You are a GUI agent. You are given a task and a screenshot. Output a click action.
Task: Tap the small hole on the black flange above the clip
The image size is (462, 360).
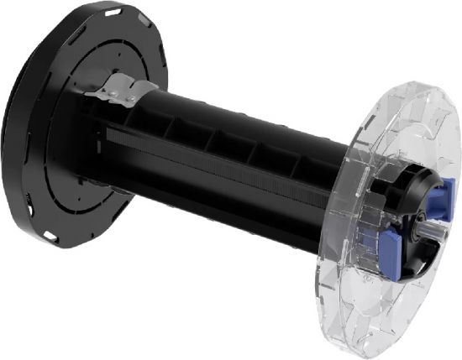point(118,57)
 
